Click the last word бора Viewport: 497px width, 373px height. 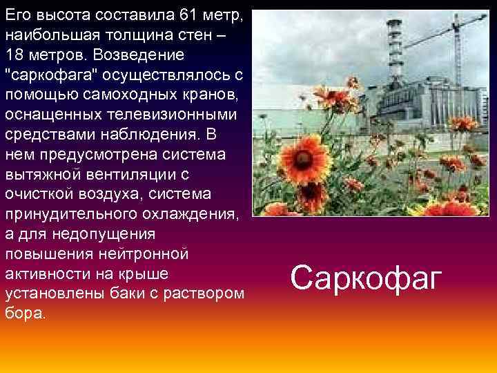pos(25,313)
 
